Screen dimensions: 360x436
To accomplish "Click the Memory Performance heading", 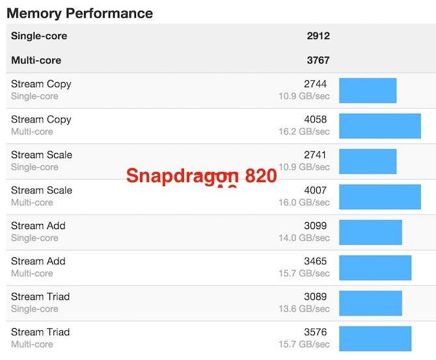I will [79, 13].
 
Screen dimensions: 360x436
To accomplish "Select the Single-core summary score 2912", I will [318, 36].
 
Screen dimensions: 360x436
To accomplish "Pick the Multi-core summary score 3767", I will [318, 61].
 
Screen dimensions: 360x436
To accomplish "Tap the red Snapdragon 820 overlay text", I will [201, 176].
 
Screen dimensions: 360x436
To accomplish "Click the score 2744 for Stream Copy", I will [315, 84].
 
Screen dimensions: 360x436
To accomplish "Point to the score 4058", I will [315, 120].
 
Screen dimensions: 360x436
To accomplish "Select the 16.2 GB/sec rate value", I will [304, 132].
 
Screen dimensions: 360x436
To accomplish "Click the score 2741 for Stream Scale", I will [315, 155].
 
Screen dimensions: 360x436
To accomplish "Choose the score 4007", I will [315, 191].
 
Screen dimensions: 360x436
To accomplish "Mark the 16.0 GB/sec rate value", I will [304, 202].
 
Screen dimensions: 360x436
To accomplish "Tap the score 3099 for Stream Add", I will [315, 226].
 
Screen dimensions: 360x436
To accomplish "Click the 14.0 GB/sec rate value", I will [304, 238].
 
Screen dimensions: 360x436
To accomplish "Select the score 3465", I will [315, 262].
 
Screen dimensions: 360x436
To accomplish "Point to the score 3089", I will [315, 297].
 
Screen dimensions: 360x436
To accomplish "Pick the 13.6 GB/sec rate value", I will [304, 309].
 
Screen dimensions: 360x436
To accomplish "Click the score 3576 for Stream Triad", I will [315, 333].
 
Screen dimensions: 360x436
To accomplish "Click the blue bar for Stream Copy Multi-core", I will [380, 126].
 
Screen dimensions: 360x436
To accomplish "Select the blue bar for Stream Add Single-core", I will [370, 232].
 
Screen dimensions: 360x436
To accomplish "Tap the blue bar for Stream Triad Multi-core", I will [375, 339].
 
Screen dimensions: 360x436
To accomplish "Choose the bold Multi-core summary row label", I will [36, 61].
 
